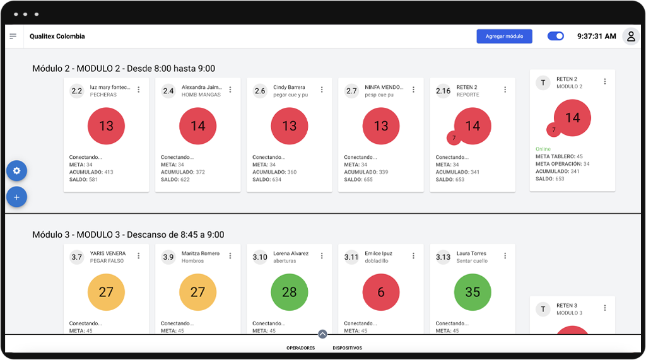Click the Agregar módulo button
pyautogui.click(x=504, y=37)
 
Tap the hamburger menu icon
pyautogui.click(x=13, y=37)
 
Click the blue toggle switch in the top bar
pyautogui.click(x=555, y=37)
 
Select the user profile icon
pyautogui.click(x=630, y=37)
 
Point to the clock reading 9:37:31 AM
pyautogui.click(x=596, y=37)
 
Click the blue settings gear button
pyautogui.click(x=16, y=171)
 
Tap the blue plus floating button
pyautogui.click(x=16, y=197)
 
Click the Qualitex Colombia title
pyautogui.click(x=57, y=37)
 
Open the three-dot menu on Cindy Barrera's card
pyautogui.click(x=322, y=90)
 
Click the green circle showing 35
pyautogui.click(x=473, y=293)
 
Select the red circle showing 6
pyautogui.click(x=381, y=293)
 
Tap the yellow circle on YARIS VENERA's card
pyautogui.click(x=106, y=293)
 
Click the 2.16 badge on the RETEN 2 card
pyautogui.click(x=443, y=91)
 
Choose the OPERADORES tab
pyautogui.click(x=300, y=348)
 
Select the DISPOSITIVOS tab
pyautogui.click(x=348, y=348)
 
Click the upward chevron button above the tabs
pyautogui.click(x=322, y=335)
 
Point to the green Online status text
pyautogui.click(x=543, y=149)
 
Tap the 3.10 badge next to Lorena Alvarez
pyautogui.click(x=260, y=257)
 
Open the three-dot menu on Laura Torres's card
pyautogui.click(x=505, y=256)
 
